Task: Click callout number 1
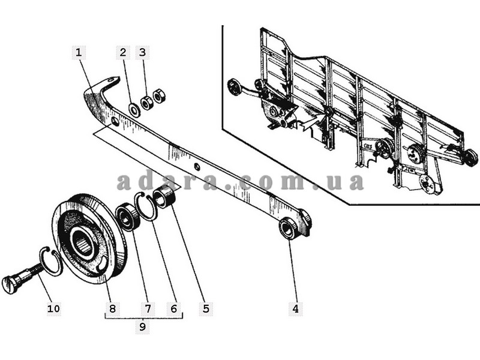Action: click(79, 52)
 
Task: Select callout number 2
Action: click(123, 52)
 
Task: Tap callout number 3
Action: click(142, 52)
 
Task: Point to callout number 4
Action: click(295, 308)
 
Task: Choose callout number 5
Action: click(206, 308)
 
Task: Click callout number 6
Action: click(174, 308)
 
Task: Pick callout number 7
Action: click(148, 308)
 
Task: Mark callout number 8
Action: click(113, 308)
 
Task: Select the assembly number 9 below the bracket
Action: click(142, 327)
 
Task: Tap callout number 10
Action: click(53, 308)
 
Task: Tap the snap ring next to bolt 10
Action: click(52, 261)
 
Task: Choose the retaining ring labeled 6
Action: click(146, 206)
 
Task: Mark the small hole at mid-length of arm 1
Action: click(197, 167)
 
